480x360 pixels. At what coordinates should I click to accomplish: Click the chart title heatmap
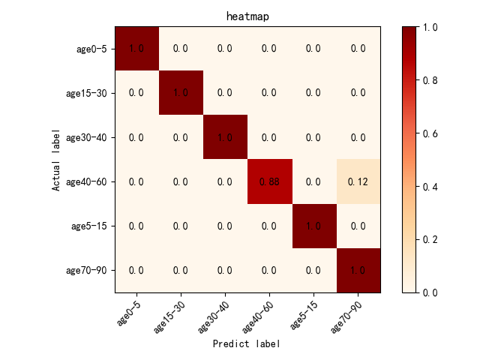click(247, 16)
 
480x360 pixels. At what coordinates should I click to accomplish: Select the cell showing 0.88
click(269, 181)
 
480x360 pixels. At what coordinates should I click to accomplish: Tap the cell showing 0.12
click(358, 181)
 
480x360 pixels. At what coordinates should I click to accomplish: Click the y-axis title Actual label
click(56, 159)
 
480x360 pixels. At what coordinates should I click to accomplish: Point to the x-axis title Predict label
click(247, 343)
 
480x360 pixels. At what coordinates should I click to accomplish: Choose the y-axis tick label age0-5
click(92, 49)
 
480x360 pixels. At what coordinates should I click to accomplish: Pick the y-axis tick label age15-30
click(87, 93)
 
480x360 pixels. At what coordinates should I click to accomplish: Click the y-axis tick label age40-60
click(87, 181)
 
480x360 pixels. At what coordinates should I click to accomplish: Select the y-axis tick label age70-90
click(87, 270)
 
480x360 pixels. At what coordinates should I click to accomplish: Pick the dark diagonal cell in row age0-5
click(136, 49)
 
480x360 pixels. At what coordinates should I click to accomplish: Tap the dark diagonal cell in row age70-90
click(358, 270)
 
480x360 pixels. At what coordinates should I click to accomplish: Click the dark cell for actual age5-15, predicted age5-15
click(313, 226)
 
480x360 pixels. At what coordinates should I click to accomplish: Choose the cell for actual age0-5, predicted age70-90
click(358, 49)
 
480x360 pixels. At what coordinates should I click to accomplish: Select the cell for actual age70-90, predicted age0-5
click(136, 270)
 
